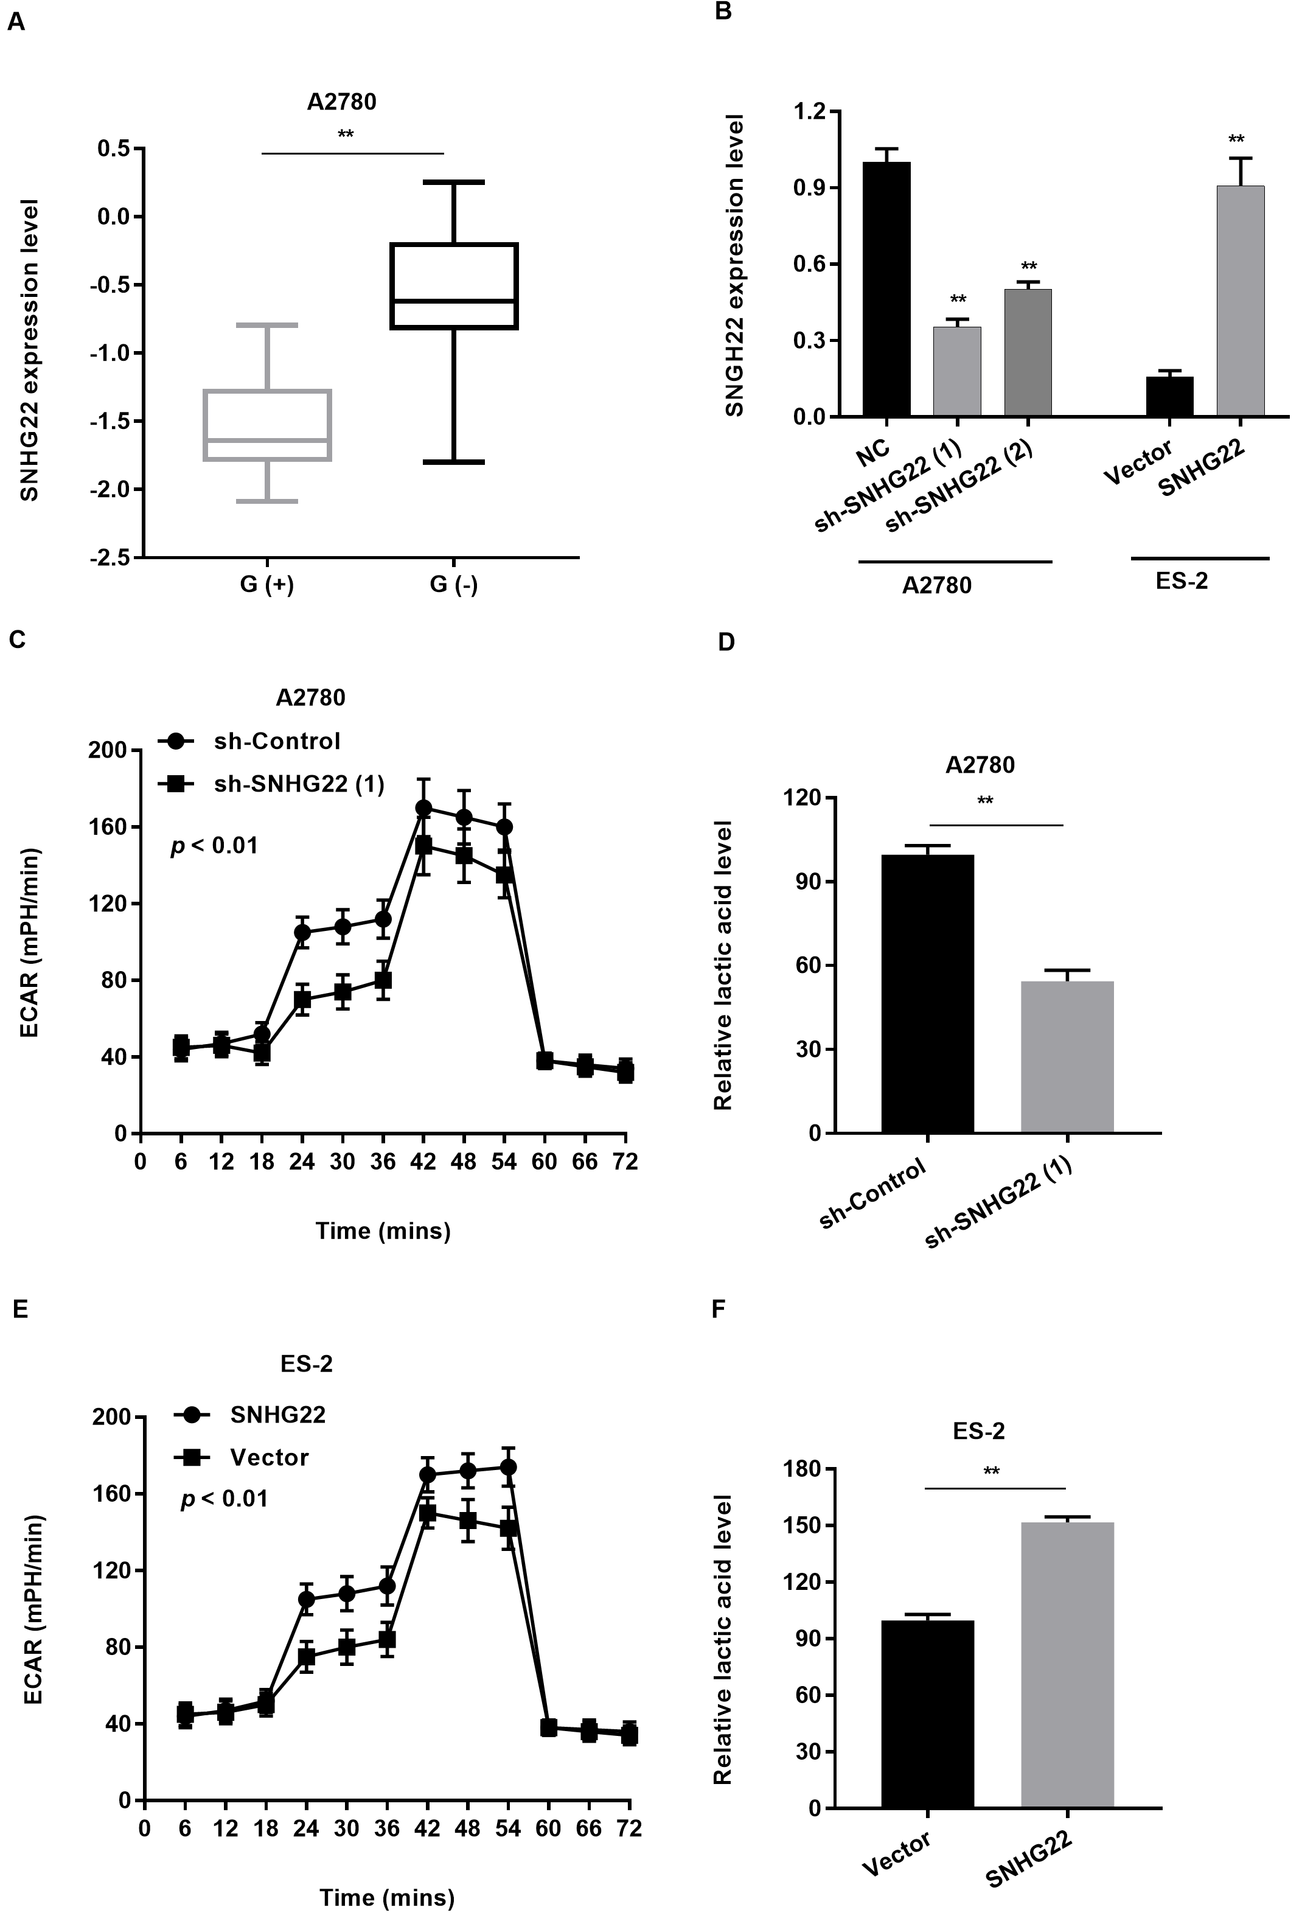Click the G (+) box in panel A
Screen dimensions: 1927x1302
pos(268,425)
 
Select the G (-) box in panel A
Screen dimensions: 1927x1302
pos(454,286)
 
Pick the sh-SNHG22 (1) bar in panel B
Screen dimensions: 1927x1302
pos(957,372)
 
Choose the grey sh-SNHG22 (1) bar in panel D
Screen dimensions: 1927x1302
pos(1067,1056)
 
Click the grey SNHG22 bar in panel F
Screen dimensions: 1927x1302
pos(1067,1667)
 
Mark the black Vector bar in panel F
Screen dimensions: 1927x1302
pos(927,1716)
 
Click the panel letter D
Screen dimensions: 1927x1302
pos(726,643)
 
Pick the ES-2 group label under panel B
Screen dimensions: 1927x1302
pos(1182,580)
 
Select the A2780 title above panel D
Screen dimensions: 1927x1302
pos(980,764)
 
